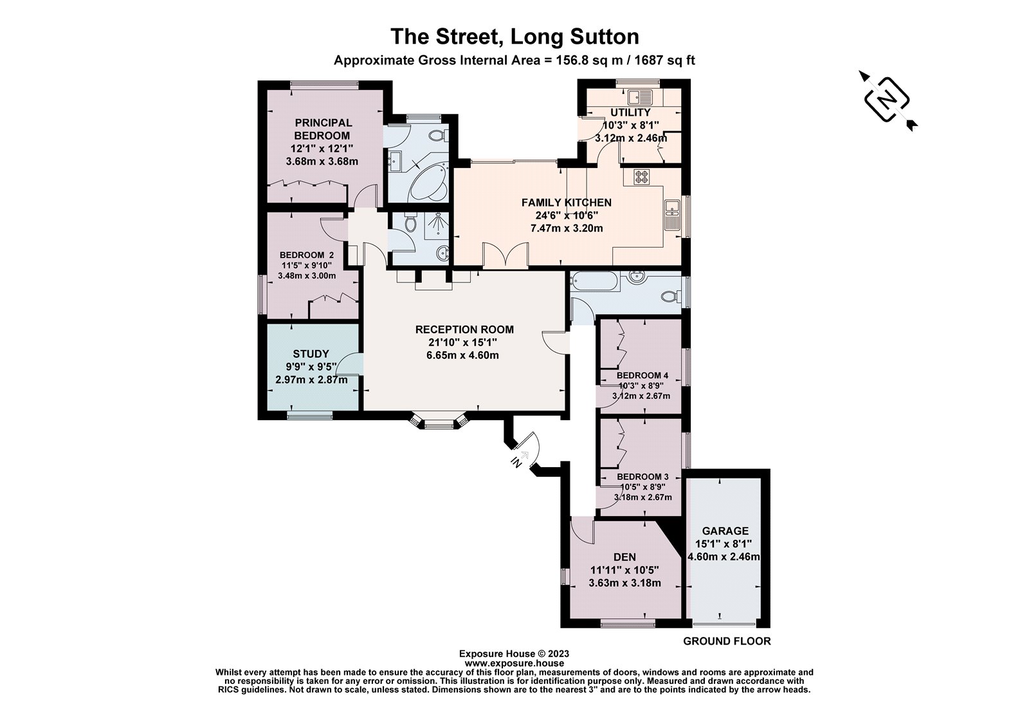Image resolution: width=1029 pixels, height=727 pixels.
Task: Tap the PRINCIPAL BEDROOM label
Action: coord(322,129)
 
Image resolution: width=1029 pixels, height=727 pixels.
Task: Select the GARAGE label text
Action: coord(725,531)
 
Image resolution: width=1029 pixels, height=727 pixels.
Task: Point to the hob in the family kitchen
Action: coord(642,176)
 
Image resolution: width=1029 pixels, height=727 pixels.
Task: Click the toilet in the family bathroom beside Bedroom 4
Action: coord(671,297)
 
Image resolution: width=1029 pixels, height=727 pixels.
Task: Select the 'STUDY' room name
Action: coord(311,354)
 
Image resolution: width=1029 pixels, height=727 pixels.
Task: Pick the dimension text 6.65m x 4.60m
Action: coord(464,355)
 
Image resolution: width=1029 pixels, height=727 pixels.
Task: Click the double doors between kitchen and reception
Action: coord(505,256)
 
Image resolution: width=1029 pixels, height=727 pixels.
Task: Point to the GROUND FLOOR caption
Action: coord(726,641)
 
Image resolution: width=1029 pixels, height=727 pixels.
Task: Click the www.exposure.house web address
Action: coord(514,663)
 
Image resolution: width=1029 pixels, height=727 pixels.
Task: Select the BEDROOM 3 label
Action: coord(642,477)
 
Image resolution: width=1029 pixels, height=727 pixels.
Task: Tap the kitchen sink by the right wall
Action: coord(672,214)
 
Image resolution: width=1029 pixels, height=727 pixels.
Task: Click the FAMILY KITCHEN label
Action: coord(566,203)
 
